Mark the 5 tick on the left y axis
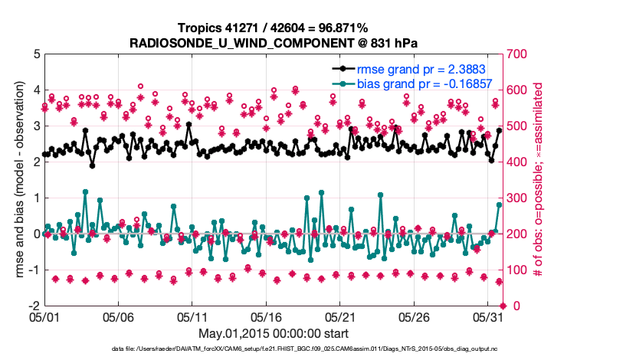(x=36, y=54)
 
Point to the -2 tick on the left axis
(x=34, y=306)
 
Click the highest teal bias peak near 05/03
(x=85, y=191)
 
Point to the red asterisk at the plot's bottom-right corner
(x=501, y=306)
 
